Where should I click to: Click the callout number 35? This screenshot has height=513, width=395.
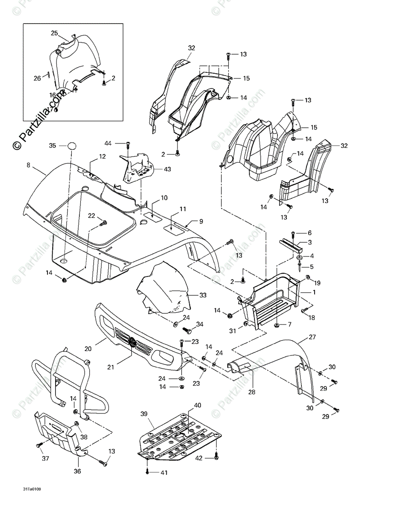point(52,146)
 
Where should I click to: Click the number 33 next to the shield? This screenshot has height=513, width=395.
point(203,295)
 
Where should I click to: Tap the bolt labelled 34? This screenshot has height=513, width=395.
point(186,330)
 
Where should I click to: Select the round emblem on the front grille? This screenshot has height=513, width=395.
point(133,342)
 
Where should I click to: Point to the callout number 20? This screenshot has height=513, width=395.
point(88,349)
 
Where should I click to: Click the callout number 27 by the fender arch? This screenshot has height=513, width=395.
point(312,337)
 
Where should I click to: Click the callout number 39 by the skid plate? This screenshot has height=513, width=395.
point(144,414)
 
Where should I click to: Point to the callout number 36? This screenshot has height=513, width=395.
point(77,472)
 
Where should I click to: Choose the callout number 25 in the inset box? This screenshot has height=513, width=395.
point(54,33)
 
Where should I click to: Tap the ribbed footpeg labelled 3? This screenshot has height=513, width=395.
point(291,247)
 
